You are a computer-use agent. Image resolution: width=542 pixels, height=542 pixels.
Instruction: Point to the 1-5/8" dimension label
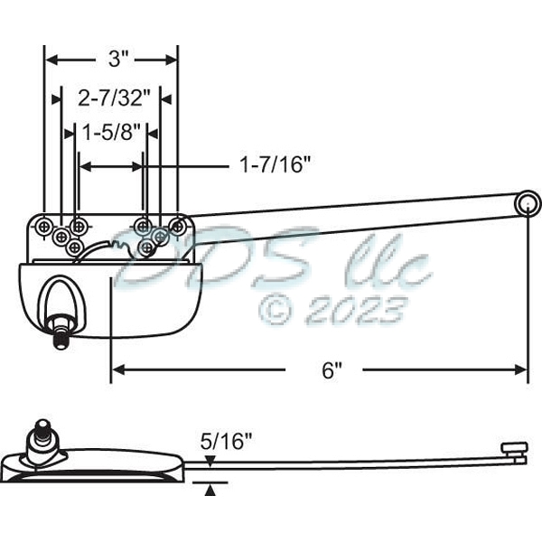tap(110, 132)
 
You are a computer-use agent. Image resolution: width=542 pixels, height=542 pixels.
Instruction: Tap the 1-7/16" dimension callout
tap(275, 164)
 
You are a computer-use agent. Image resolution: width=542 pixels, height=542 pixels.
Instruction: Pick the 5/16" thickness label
tap(226, 442)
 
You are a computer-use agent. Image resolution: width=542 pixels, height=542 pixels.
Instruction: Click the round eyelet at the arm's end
tap(527, 204)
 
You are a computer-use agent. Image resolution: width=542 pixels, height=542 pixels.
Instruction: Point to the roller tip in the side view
tap(513, 448)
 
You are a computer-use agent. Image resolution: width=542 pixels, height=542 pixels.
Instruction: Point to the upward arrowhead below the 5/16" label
tap(210, 490)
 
